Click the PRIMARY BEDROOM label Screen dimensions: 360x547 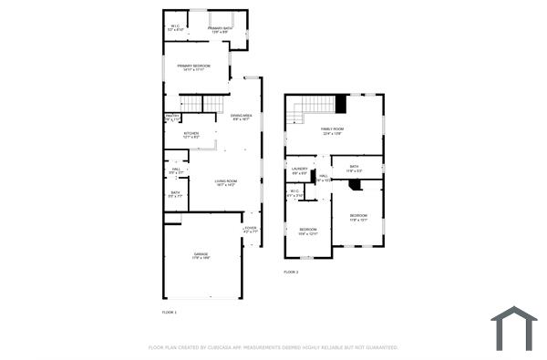pyautogui.click(x=193, y=67)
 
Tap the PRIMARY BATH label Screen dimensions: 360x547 pyautogui.click(x=220, y=29)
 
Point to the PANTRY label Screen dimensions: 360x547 pyautogui.click(x=171, y=117)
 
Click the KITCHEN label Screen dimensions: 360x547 pyautogui.click(x=191, y=134)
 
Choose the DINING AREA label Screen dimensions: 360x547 pyautogui.click(x=241, y=117)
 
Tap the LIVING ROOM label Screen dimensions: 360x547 pyautogui.click(x=225, y=182)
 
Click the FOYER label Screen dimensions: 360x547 pyautogui.click(x=250, y=229)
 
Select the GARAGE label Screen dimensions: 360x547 pyautogui.click(x=201, y=254)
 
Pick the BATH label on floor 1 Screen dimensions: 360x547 pyautogui.click(x=175, y=193)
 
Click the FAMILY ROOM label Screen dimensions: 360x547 pyautogui.click(x=332, y=130)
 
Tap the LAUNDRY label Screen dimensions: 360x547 pyautogui.click(x=299, y=170)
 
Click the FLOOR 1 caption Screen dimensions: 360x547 pyautogui.click(x=169, y=313)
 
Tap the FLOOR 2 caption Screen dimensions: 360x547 pyautogui.click(x=291, y=272)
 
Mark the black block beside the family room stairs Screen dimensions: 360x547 pyautogui.click(x=341, y=103)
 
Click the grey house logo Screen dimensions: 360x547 pyautogui.click(x=514, y=328)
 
